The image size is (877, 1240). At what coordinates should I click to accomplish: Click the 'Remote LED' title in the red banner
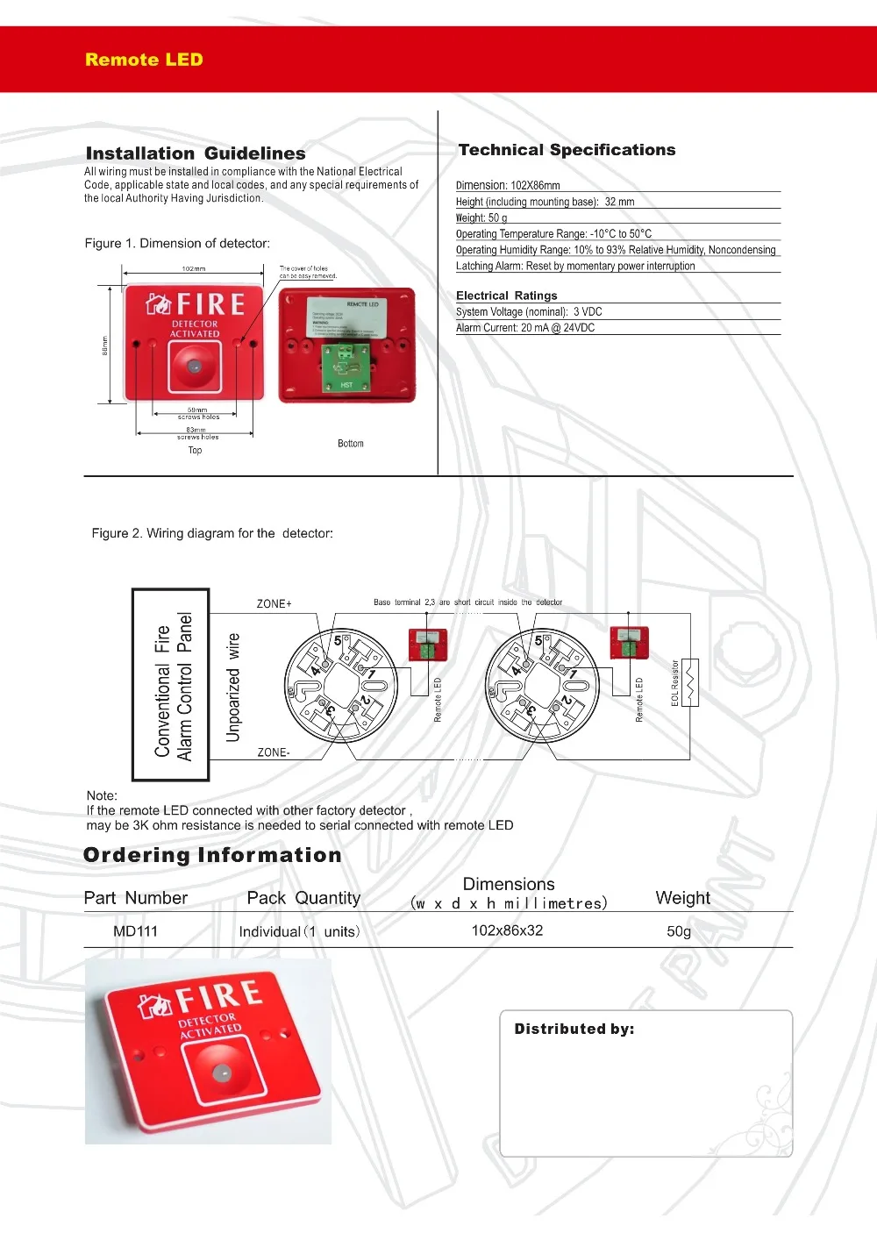click(x=144, y=60)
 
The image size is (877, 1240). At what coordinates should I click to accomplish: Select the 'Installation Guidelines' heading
click(x=196, y=153)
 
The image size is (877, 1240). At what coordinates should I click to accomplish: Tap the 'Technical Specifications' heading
click(x=567, y=150)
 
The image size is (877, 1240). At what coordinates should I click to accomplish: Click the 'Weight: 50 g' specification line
click(x=481, y=217)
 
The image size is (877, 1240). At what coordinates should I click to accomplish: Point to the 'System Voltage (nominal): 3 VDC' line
click(x=529, y=311)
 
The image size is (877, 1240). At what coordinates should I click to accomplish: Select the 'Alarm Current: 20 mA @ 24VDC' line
click(x=525, y=328)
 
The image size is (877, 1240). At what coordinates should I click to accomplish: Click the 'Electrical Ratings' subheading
click(x=506, y=296)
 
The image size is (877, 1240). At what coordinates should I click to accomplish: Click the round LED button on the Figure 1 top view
click(x=195, y=367)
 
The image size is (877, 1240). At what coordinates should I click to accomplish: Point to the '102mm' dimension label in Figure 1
click(x=194, y=269)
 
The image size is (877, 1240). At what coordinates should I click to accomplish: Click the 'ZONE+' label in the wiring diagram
click(x=274, y=604)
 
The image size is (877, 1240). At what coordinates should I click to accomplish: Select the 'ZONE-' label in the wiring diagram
click(x=273, y=752)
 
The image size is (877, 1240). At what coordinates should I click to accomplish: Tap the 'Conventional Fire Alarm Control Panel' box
click(x=171, y=685)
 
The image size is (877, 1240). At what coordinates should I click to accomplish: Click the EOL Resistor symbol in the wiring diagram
click(x=690, y=682)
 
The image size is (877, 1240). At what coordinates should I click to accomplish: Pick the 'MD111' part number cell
click(x=135, y=931)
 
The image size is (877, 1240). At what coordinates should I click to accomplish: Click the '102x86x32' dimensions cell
click(x=507, y=930)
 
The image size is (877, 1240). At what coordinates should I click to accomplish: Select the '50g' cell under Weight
click(x=679, y=931)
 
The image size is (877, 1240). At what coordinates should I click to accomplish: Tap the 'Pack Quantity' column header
click(x=303, y=898)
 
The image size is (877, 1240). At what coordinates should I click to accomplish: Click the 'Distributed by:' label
click(x=574, y=1029)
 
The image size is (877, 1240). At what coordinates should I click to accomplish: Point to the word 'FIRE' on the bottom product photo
click(x=219, y=996)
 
